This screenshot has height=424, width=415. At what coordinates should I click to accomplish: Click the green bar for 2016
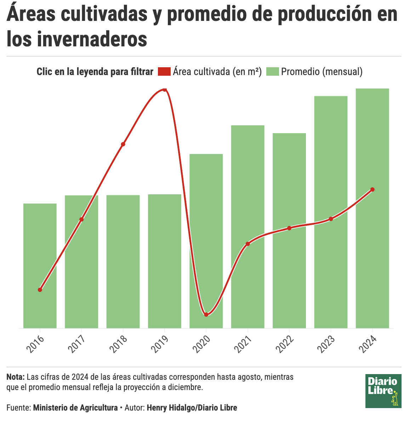(x=40, y=265)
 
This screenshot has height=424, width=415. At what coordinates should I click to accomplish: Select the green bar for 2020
(x=206, y=241)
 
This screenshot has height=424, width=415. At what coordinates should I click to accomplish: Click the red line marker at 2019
(x=164, y=89)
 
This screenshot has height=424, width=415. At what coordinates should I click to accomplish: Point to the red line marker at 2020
(x=206, y=314)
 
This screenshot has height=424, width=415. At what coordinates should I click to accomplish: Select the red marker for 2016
(x=40, y=290)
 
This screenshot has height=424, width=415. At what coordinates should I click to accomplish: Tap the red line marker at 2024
(x=372, y=189)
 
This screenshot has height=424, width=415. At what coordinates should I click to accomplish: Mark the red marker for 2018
(x=123, y=144)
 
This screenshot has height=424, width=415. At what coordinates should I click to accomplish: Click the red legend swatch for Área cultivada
(x=164, y=71)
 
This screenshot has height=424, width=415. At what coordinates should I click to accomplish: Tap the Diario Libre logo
(x=383, y=391)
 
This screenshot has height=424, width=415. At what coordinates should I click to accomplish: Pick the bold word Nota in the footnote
(x=15, y=377)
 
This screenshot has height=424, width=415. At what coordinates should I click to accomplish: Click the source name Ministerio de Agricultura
(x=75, y=408)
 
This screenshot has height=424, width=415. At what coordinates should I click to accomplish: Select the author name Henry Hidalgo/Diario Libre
(x=192, y=408)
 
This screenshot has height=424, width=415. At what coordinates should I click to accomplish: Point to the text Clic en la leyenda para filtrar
(x=95, y=71)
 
